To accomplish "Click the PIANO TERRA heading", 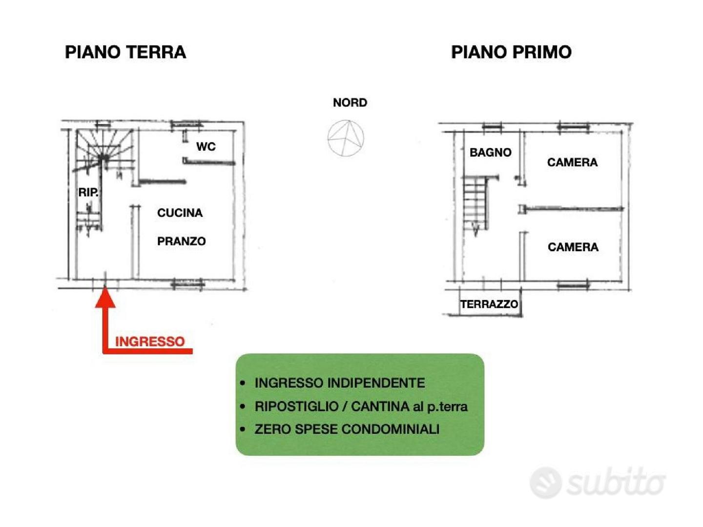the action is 125,52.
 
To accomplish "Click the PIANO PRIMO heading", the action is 511,52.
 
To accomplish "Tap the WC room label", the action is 206,146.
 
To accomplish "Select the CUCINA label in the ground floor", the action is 180,213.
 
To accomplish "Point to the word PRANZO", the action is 181,241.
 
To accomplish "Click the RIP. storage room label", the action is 88,192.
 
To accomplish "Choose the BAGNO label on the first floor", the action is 490,153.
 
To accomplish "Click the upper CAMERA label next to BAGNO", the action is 572,162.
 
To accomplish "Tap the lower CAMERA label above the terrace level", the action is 573,247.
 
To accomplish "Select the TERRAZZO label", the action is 489,304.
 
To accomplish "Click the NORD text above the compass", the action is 350,102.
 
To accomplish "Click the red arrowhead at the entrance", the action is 105,297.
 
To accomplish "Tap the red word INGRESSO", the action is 150,342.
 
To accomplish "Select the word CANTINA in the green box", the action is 380,406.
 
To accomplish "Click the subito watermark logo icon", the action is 546,483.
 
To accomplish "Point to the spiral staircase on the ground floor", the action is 103,157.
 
